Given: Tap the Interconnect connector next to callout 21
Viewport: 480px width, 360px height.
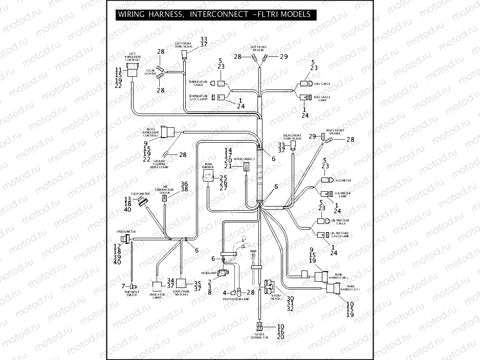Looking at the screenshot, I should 247,167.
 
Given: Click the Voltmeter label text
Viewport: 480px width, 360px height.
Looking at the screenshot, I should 342,181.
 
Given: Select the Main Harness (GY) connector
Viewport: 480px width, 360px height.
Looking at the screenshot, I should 333,289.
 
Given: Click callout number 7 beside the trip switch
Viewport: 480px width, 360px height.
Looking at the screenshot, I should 123,285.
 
